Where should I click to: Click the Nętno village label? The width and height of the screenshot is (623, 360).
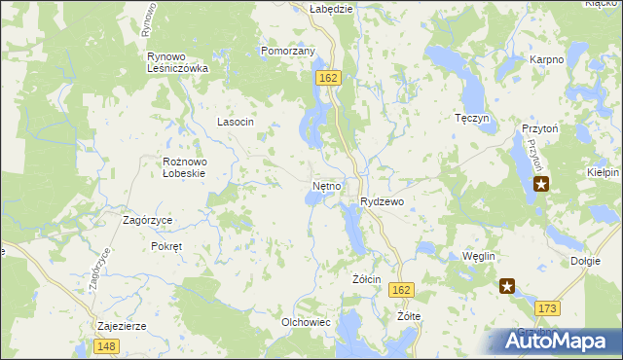pyautogui.click(x=327, y=185)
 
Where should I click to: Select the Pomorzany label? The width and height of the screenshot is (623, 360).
pyautogui.click(x=287, y=51)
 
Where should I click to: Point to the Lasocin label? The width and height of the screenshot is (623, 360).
pyautogui.click(x=236, y=122)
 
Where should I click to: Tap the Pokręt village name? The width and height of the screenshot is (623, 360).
pyautogui.click(x=166, y=246)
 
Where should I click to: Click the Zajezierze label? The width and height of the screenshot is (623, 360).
pyautogui.click(x=122, y=326)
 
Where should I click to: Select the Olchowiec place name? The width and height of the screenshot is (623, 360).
pyautogui.click(x=307, y=322)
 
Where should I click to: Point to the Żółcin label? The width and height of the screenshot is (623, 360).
pyautogui.click(x=366, y=279)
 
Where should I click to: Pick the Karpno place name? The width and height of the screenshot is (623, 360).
pyautogui.click(x=547, y=60)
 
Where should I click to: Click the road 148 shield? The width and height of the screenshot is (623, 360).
pyautogui.click(x=108, y=346)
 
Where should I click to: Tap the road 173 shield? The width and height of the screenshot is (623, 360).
pyautogui.click(x=547, y=308)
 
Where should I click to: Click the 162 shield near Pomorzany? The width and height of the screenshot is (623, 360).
pyautogui.click(x=327, y=77)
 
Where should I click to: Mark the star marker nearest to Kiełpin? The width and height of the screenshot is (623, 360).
pyautogui.click(x=541, y=182)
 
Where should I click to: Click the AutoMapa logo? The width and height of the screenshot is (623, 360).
pyautogui.click(x=555, y=341)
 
